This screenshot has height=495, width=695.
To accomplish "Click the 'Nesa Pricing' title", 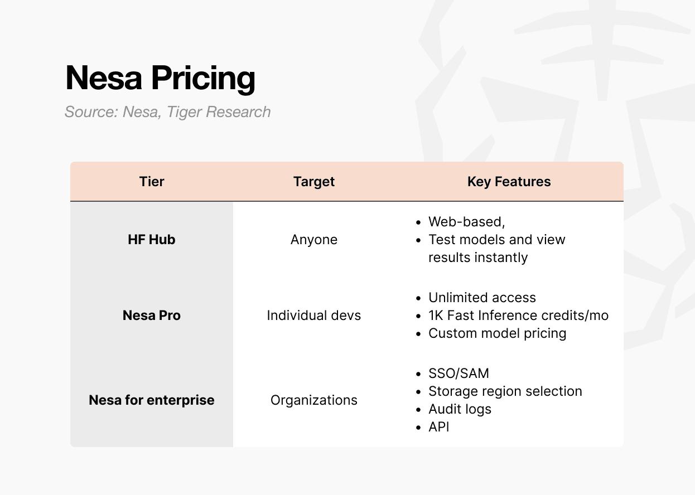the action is coord(160,78).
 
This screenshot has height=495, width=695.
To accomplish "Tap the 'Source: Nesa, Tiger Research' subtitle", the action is coord(167,112).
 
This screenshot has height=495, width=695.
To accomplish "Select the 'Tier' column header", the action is coord(151,181).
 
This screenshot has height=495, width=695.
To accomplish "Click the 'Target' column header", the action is coord(314,182).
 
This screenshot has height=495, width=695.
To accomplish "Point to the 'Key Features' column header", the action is coord(509,182).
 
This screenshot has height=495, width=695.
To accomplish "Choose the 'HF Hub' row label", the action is coord(151,240).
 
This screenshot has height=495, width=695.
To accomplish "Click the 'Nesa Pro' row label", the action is coord(151,316).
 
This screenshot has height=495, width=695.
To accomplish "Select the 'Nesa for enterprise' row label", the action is coord(151,400).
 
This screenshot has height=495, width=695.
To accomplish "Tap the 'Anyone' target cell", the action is coord(314,240).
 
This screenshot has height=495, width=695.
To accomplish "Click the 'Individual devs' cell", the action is coord(314,316).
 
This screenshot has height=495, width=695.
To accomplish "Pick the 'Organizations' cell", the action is coord(314,400).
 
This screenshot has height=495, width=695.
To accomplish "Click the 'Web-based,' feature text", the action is coord(467,222).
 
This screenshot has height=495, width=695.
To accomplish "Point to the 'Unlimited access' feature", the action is coord(482,298).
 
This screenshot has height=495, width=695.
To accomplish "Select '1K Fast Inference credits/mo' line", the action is coord(518,316).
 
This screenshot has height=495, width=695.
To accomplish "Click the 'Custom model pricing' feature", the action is coord(498,333).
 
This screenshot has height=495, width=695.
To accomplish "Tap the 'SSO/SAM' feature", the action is coord(458,373).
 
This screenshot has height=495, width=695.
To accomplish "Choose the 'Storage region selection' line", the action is coord(505,391).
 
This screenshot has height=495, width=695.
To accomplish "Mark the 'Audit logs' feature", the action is coord(460,409).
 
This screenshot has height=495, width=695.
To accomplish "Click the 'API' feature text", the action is coord(439,427).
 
